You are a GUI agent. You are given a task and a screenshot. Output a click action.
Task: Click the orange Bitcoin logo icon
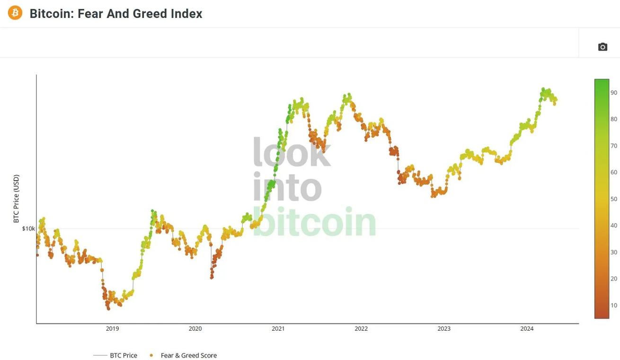tap(15, 13)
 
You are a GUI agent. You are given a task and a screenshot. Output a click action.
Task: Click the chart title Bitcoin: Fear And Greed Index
tap(116, 14)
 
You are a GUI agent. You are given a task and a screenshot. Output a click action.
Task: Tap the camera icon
tap(602, 47)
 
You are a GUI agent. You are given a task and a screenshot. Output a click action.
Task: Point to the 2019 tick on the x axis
tap(112, 329)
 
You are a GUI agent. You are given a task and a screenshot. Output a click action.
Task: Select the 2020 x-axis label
tap(195, 329)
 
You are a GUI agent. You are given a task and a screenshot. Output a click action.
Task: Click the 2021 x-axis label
tap(278, 329)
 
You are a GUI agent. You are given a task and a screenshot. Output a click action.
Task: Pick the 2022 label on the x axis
tap(361, 329)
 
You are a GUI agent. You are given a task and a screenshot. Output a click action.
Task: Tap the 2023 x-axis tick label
tap(444, 329)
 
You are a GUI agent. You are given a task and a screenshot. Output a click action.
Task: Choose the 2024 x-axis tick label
tap(527, 329)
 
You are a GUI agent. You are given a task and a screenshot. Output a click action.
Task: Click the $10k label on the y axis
tap(28, 228)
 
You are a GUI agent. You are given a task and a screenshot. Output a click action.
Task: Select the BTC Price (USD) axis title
tap(17, 198)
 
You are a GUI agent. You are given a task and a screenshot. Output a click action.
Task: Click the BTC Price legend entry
tap(123, 355)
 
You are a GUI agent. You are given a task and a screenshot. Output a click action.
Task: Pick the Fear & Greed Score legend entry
tap(188, 355)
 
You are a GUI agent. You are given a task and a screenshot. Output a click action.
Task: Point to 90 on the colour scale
tap(613, 93)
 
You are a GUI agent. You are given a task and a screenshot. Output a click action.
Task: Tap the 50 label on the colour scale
tap(613, 199)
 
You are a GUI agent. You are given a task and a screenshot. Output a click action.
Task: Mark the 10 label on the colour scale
tap(613, 306)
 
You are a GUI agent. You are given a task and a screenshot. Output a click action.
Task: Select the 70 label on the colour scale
tap(613, 146)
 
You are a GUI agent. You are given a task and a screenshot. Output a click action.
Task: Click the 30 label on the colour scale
tap(613, 252)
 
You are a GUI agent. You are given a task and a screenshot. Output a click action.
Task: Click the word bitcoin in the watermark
tap(314, 221)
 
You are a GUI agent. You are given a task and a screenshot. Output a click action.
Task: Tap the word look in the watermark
tap(292, 152)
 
